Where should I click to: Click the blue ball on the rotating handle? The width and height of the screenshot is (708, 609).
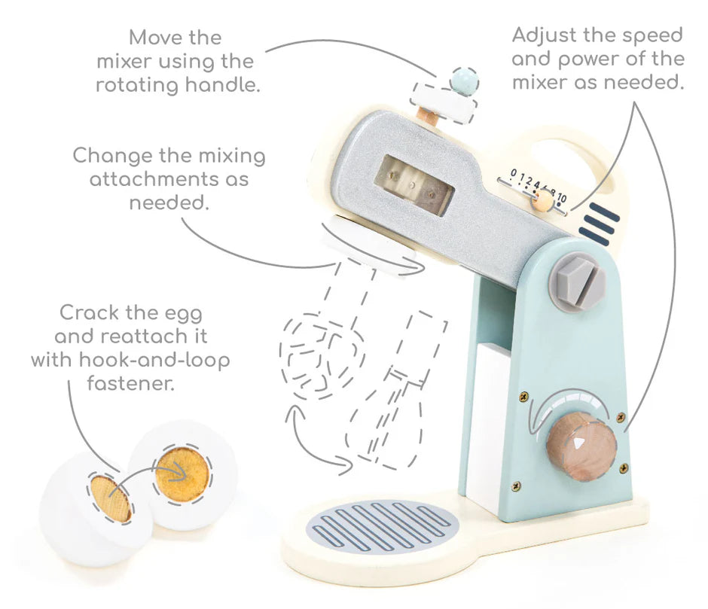coord(464,81)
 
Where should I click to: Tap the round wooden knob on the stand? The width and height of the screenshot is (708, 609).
coord(581,446)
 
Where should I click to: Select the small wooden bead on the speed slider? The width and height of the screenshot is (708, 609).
coord(543,200)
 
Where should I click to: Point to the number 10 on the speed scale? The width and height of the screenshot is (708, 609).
coord(561,197)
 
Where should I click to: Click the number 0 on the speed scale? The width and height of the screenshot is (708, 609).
coord(514,173)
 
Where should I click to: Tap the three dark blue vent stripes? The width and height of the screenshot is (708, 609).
coord(600,224)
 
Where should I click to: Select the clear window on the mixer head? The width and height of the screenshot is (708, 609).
coord(414,185)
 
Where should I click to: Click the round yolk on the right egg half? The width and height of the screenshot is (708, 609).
coord(182,474)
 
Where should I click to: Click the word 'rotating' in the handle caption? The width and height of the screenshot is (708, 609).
coord(137,85)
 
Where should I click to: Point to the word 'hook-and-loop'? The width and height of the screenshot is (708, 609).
coord(154,361)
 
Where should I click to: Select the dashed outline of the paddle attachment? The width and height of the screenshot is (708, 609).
coord(396,388)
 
